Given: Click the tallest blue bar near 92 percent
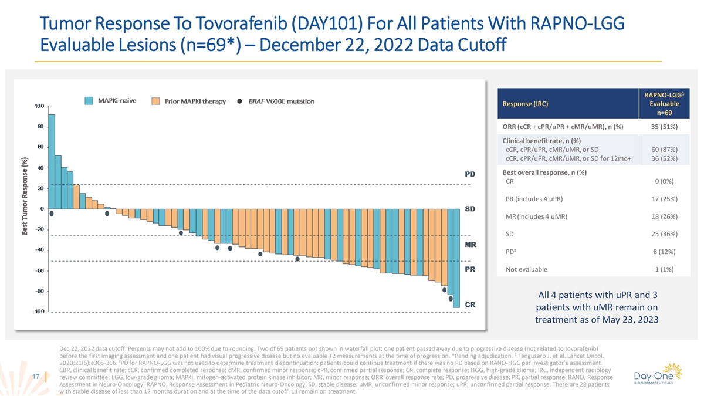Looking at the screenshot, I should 52,161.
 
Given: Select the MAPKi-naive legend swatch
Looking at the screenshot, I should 89,101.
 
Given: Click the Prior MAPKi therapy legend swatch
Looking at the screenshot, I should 156,101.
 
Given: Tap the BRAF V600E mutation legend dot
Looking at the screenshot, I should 240,101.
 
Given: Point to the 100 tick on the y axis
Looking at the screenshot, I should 39,106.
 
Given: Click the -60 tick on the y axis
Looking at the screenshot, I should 38,270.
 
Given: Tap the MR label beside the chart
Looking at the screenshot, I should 470,244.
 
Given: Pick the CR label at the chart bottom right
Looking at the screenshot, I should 470,304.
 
